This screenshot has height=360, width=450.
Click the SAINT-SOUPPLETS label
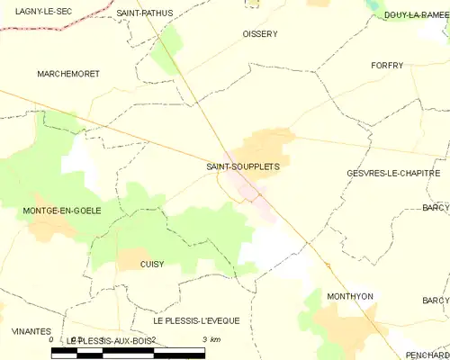coord(242,166)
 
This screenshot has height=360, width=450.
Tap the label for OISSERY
coord(260,34)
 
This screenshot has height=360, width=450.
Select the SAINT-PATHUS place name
coord(145,13)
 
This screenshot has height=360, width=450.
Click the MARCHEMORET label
coord(67,73)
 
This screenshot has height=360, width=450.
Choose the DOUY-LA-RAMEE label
coord(415,14)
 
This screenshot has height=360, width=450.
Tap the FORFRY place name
coord(391,66)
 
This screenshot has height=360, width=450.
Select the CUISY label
coord(152,264)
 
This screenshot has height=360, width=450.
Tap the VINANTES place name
coord(31,331)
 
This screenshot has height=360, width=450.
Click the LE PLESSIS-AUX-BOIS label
coord(112,340)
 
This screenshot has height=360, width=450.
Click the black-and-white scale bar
coord(128,351)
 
